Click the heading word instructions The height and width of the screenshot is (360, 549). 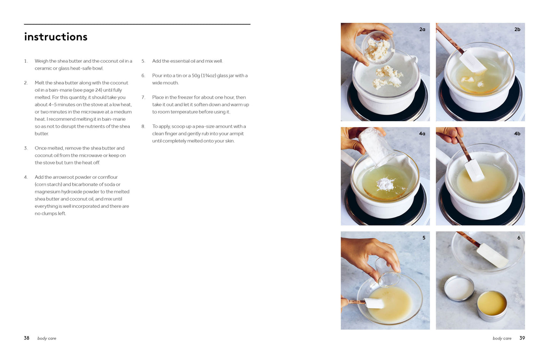point(55,37)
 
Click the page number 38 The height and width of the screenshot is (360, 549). point(27,338)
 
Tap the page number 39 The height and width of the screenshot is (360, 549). point(522,338)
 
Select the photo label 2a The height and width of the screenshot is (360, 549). point(422,29)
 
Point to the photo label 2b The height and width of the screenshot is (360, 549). point(517,29)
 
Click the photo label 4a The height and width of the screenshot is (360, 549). point(422,133)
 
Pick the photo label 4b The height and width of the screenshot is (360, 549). point(517,133)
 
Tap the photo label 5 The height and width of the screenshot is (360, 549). point(424,238)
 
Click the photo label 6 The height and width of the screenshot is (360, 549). point(519,238)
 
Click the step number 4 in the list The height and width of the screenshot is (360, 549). point(26,177)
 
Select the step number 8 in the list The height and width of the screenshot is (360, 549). point(143,126)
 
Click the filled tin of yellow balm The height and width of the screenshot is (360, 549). point(492,306)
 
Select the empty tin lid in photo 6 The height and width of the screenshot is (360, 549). point(459,288)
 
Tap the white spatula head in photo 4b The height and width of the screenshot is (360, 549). point(474,170)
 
